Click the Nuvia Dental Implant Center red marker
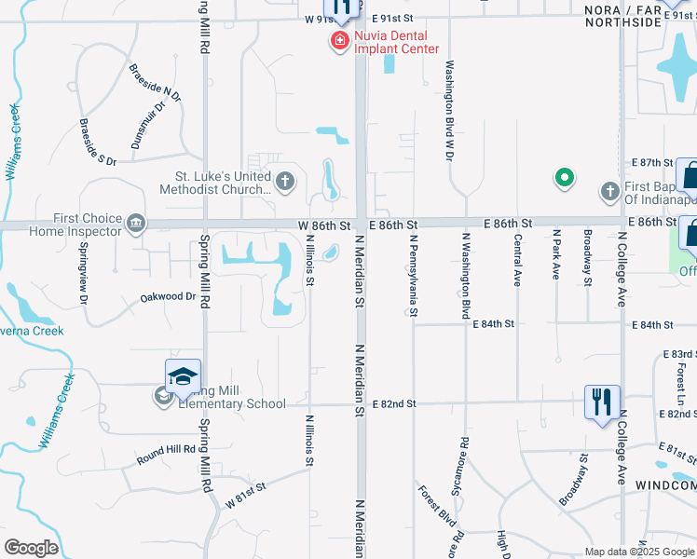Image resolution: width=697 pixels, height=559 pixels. pyautogui.click(x=337, y=41)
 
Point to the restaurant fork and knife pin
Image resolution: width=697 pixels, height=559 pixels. pyautogui.click(x=602, y=402)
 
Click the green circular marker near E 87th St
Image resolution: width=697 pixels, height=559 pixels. pyautogui.click(x=564, y=177)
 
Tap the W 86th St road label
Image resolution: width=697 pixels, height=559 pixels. pyautogui.click(x=324, y=225)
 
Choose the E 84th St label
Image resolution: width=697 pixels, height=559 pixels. pyautogui.click(x=495, y=324)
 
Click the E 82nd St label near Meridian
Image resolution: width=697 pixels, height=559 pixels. pyautogui.click(x=392, y=403)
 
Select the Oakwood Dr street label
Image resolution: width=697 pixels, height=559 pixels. pyautogui.click(x=168, y=296)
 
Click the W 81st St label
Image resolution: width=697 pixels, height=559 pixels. pyautogui.click(x=246, y=495)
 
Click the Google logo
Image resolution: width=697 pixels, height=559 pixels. pyautogui.click(x=31, y=548)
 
